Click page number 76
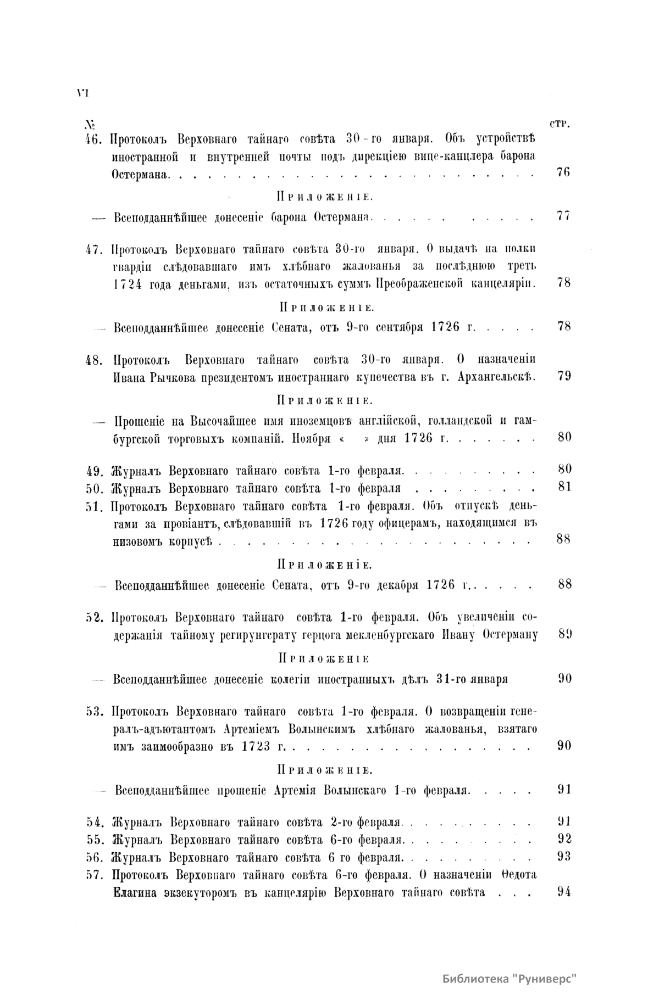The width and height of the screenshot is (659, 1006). point(563,173)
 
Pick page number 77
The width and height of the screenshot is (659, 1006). point(563,216)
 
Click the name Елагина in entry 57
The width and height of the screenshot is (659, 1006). point(135,892)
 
